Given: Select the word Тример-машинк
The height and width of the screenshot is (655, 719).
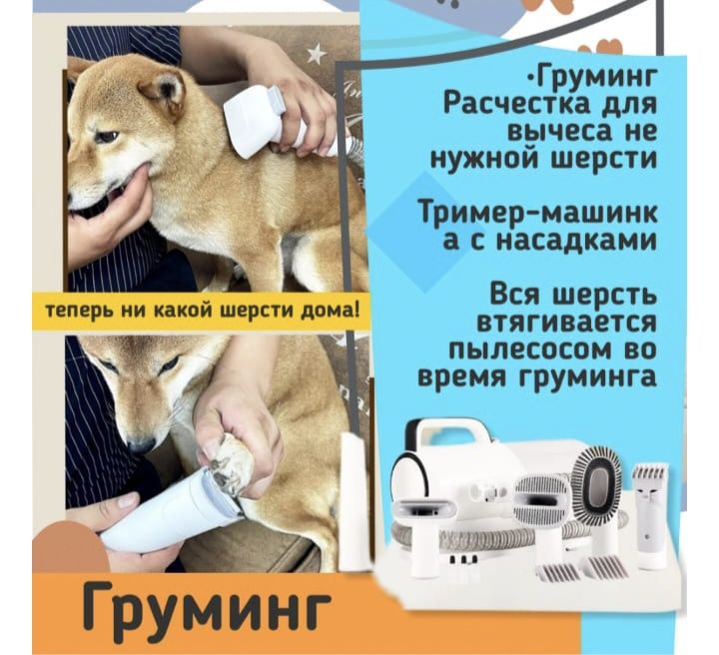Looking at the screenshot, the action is pyautogui.click(x=539, y=213).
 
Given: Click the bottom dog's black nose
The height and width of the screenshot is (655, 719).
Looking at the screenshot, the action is pyautogui.click(x=141, y=444).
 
